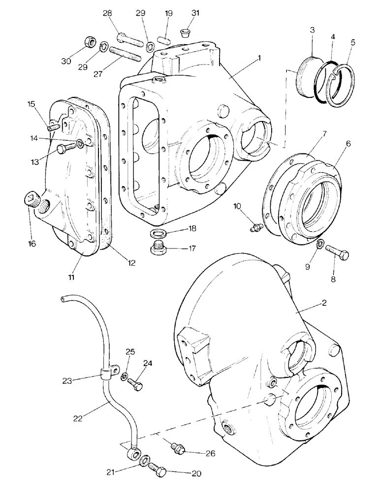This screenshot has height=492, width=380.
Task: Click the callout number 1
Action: (x=259, y=58)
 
